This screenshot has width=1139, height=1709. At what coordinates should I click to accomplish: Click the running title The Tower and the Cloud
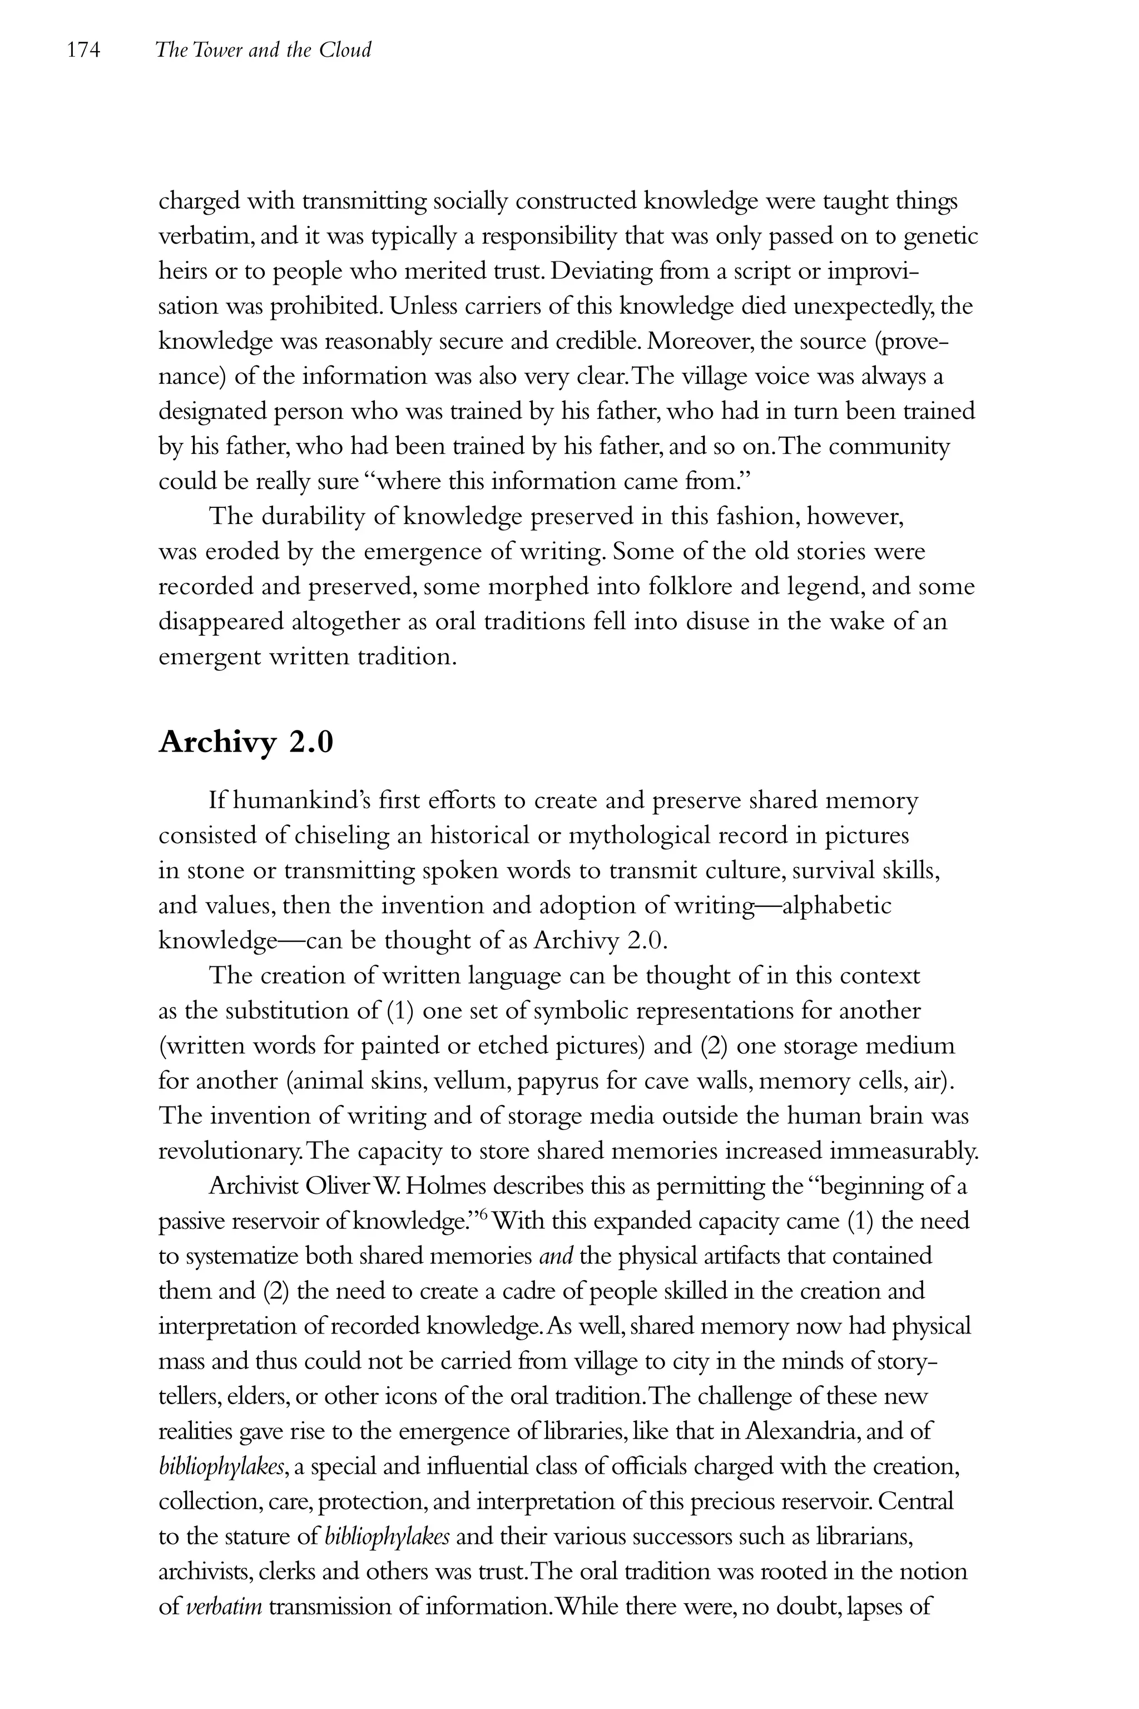pos(263,50)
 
